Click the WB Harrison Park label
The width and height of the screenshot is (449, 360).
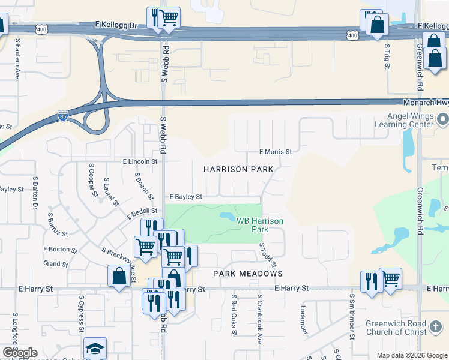point(259,225)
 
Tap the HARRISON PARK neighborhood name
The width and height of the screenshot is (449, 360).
point(238,169)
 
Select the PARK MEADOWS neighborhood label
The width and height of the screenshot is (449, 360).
point(248,274)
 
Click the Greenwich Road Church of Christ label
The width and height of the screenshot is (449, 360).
point(396,328)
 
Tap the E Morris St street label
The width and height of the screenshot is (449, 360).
point(275,152)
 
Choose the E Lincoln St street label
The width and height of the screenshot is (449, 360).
point(140,161)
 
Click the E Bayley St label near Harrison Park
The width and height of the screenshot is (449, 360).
point(185,196)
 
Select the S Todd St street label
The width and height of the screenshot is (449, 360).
point(268,255)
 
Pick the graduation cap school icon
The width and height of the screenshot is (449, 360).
point(95,349)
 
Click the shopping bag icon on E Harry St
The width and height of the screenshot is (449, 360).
point(119,276)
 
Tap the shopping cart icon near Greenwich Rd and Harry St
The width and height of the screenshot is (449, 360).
point(391,278)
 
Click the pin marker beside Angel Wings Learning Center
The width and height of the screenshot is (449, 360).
point(442,119)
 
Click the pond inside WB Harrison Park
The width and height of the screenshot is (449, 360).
point(228,215)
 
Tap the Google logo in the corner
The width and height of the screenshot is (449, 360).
point(19,353)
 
